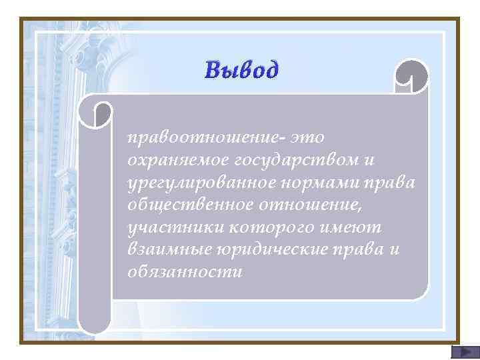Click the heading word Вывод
(x=241, y=69)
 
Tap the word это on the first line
(x=307, y=138)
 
